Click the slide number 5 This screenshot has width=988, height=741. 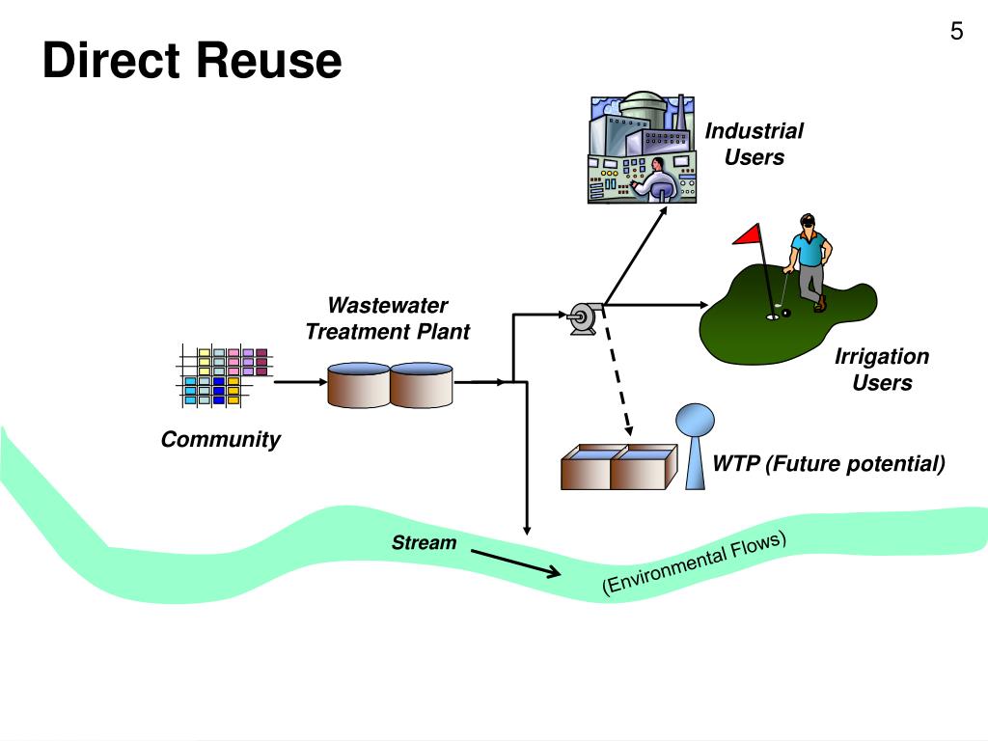click(956, 32)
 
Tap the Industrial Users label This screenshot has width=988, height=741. click(754, 144)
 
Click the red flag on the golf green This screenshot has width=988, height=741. click(748, 234)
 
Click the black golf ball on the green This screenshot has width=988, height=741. click(786, 313)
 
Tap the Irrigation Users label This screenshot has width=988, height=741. click(881, 370)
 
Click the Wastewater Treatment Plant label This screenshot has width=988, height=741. click(387, 318)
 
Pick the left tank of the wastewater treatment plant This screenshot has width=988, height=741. click(357, 384)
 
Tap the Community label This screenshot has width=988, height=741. click(220, 440)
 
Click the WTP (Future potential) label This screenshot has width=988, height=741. click(828, 464)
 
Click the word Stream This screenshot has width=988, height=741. click(424, 542)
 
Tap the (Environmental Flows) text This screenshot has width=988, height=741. click(695, 564)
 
